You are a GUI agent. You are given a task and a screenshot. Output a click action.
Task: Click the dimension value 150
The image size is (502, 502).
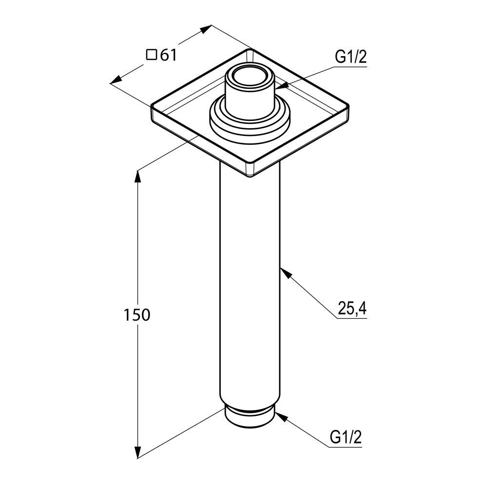[136, 315]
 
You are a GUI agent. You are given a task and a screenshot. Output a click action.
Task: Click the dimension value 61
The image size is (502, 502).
[168, 56]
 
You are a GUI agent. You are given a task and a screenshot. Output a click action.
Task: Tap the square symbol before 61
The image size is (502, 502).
[152, 55]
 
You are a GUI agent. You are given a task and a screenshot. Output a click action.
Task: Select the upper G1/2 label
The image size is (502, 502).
[350, 58]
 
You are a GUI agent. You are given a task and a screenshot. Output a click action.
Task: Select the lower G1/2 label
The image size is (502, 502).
[346, 437]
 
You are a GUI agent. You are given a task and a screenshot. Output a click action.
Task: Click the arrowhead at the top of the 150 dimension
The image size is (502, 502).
[138, 175]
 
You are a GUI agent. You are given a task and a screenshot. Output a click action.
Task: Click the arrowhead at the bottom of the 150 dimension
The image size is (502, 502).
[138, 452]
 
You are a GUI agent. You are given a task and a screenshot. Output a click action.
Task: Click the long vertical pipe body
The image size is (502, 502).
[250, 283]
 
